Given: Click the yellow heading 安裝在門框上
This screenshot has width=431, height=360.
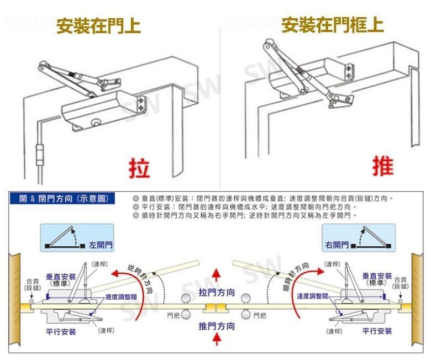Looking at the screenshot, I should pos(332,25).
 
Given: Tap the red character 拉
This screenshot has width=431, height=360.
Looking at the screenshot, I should pos(139,166).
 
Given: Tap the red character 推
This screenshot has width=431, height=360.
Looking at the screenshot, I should pos(382,166).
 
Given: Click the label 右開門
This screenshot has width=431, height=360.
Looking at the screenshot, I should pos(337,244).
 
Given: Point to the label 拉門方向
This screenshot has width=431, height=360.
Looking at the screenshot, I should pos(217,292).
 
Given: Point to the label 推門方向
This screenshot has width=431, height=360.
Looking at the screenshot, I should pos(217,326).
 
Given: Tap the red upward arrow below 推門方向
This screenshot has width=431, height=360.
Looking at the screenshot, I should pos(217,343).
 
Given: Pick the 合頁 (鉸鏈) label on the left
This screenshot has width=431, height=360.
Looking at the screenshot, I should pos(32,284).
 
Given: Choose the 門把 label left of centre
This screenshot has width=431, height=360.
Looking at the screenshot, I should pos(174,316).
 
